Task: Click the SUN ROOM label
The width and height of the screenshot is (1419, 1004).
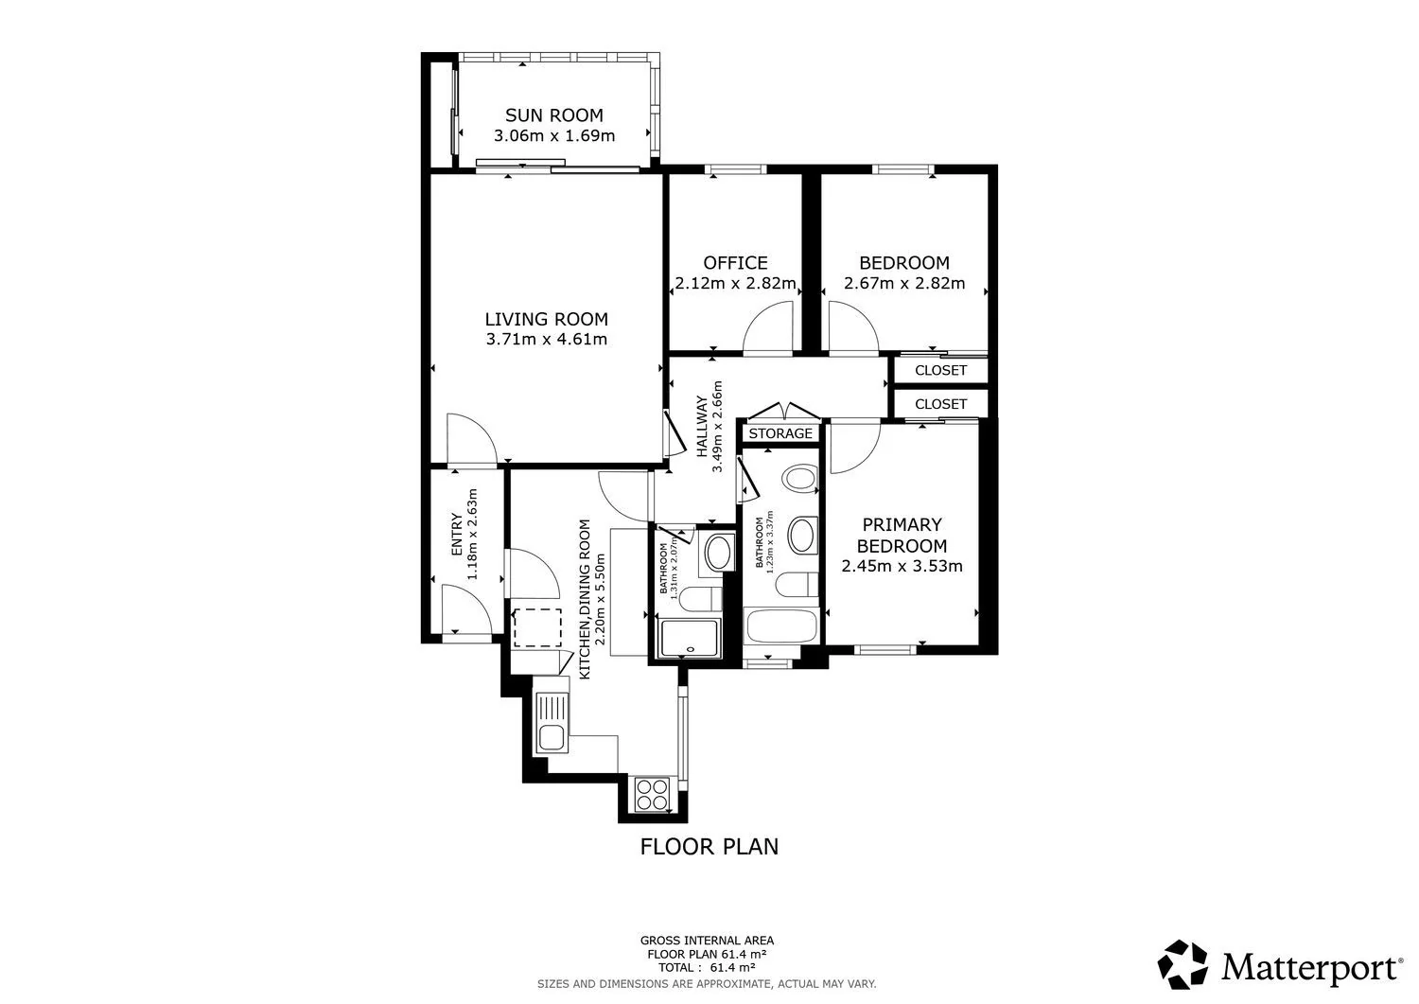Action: [x=554, y=115]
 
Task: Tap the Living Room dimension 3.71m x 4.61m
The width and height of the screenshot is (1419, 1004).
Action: [x=547, y=339]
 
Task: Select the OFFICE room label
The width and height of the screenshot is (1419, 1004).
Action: [x=735, y=263]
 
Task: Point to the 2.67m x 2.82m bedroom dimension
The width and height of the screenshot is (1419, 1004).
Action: [x=904, y=283]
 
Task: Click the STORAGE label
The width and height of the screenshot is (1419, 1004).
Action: [x=780, y=433]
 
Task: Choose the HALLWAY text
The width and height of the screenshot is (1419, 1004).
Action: [x=702, y=427]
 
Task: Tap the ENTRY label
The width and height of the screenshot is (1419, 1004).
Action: [x=457, y=535]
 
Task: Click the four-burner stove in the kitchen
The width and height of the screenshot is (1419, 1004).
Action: [x=653, y=794]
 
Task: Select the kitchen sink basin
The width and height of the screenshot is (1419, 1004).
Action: [x=552, y=738]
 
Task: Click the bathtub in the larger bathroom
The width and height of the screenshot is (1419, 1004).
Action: [x=781, y=625]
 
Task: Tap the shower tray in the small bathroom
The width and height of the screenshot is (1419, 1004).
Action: [x=690, y=639]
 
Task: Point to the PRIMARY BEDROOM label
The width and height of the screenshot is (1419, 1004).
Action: [x=902, y=535]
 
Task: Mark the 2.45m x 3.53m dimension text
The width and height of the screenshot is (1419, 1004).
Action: [x=902, y=566]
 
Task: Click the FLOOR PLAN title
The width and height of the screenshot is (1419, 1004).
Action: [x=709, y=847]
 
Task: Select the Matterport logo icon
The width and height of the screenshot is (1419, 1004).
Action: [x=1182, y=964]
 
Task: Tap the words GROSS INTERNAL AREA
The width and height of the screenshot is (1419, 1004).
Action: [x=707, y=941]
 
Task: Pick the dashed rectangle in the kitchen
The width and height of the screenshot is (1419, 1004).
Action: [x=537, y=627]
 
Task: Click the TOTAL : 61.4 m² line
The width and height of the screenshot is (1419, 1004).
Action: [x=707, y=967]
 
